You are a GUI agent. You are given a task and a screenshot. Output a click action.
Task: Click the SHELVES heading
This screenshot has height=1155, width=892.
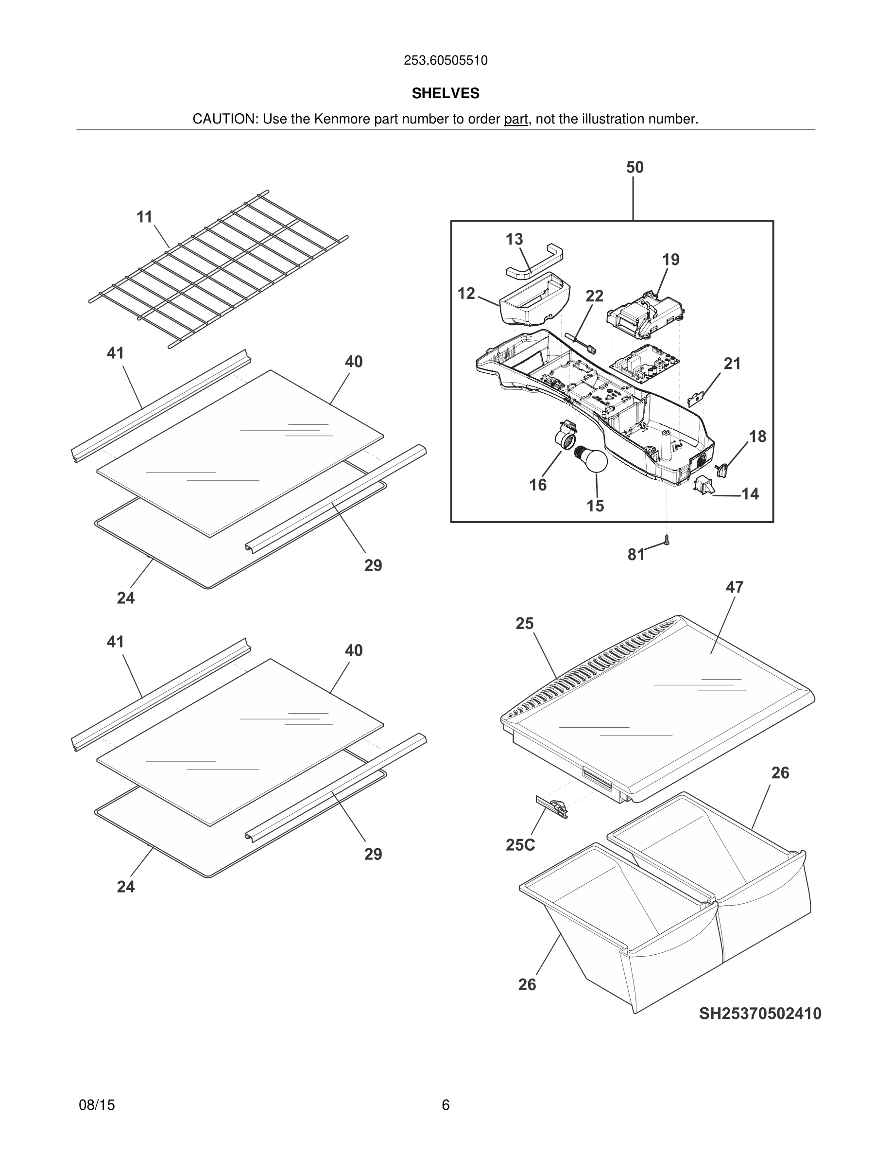coord(446,94)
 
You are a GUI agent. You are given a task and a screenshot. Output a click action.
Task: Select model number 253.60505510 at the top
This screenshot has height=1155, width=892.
coord(446,61)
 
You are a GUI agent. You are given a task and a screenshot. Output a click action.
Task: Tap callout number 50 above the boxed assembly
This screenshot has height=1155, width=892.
coord(635,168)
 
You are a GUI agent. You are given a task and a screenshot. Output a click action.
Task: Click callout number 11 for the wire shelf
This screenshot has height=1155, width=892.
coord(144,217)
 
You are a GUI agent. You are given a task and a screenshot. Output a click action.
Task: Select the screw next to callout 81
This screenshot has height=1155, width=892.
coord(667,541)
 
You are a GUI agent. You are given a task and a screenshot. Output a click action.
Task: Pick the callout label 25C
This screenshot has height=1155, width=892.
coord(520,845)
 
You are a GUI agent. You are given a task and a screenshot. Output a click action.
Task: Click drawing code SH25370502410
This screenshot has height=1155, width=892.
coord(760,1014)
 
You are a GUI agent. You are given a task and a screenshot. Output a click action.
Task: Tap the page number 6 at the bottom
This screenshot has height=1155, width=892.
coord(446,1105)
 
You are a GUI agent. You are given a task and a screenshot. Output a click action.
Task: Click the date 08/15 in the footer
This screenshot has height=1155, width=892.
coord(97,1105)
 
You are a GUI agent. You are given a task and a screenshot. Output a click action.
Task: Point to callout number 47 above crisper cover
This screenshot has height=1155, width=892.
coord(735,587)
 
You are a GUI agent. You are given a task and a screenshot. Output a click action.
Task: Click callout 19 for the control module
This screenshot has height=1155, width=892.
coord(670,260)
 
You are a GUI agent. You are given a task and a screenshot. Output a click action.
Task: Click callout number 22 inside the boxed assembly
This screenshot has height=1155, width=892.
coord(594,296)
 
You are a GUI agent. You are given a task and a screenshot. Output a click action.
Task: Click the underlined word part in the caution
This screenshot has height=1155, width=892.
coord(515,120)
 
